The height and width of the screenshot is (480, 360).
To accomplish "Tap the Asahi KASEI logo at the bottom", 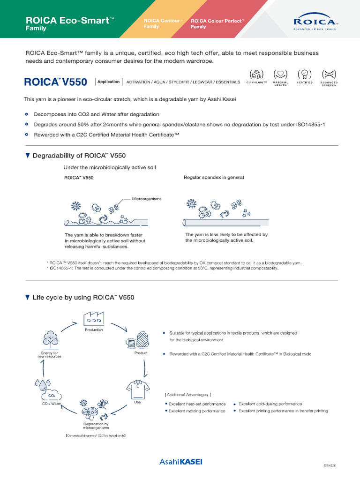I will tap(180, 462).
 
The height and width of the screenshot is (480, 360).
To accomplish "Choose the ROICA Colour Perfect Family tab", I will tap(217, 24).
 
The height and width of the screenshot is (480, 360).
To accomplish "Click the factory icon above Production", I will tap(93, 319).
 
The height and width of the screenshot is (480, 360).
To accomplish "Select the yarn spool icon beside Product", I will tap(133, 342).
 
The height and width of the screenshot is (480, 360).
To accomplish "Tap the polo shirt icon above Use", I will tap(137, 389).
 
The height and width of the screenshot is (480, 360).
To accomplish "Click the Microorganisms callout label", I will tap(147, 199).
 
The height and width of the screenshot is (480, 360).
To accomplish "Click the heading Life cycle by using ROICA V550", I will tap(83, 297).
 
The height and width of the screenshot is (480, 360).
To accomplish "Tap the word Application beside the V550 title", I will tap(108, 82).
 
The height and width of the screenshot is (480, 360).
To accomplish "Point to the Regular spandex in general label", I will tap(213, 178).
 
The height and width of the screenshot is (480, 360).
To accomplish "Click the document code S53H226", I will tap(330, 465).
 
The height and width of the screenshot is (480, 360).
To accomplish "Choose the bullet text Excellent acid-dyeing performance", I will tap(270, 404).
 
